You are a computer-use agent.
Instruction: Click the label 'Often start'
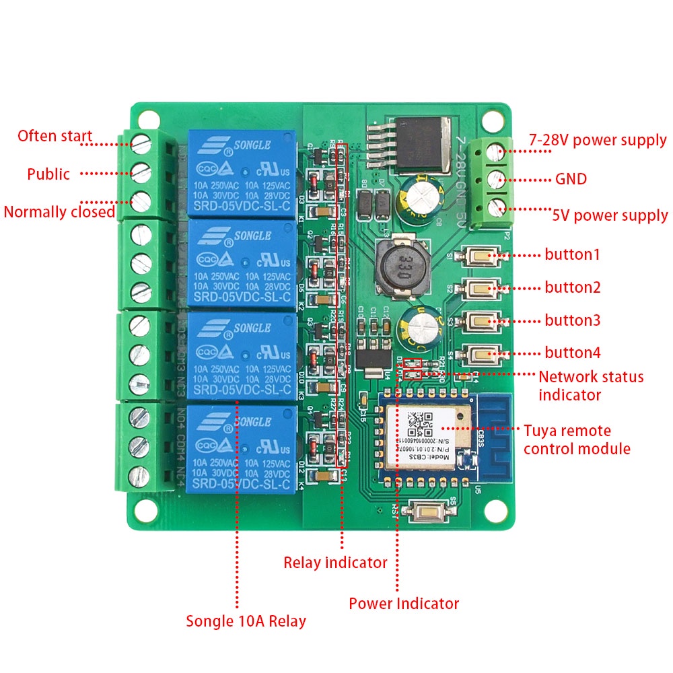click(x=55, y=136)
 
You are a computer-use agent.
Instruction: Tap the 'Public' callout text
click(x=48, y=174)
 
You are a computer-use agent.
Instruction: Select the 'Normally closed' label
click(x=59, y=212)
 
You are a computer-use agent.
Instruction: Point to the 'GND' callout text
click(x=571, y=179)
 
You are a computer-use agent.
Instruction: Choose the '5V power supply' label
click(x=610, y=216)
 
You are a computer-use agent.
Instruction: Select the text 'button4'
click(x=573, y=353)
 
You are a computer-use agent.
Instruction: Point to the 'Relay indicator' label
click(x=335, y=562)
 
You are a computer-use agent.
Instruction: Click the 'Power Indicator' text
click(x=404, y=604)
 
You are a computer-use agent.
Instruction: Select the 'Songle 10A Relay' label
click(x=246, y=621)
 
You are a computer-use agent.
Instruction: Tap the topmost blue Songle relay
click(x=243, y=174)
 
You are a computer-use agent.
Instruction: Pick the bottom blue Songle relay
click(x=242, y=448)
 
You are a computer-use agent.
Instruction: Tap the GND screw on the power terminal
click(x=497, y=179)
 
